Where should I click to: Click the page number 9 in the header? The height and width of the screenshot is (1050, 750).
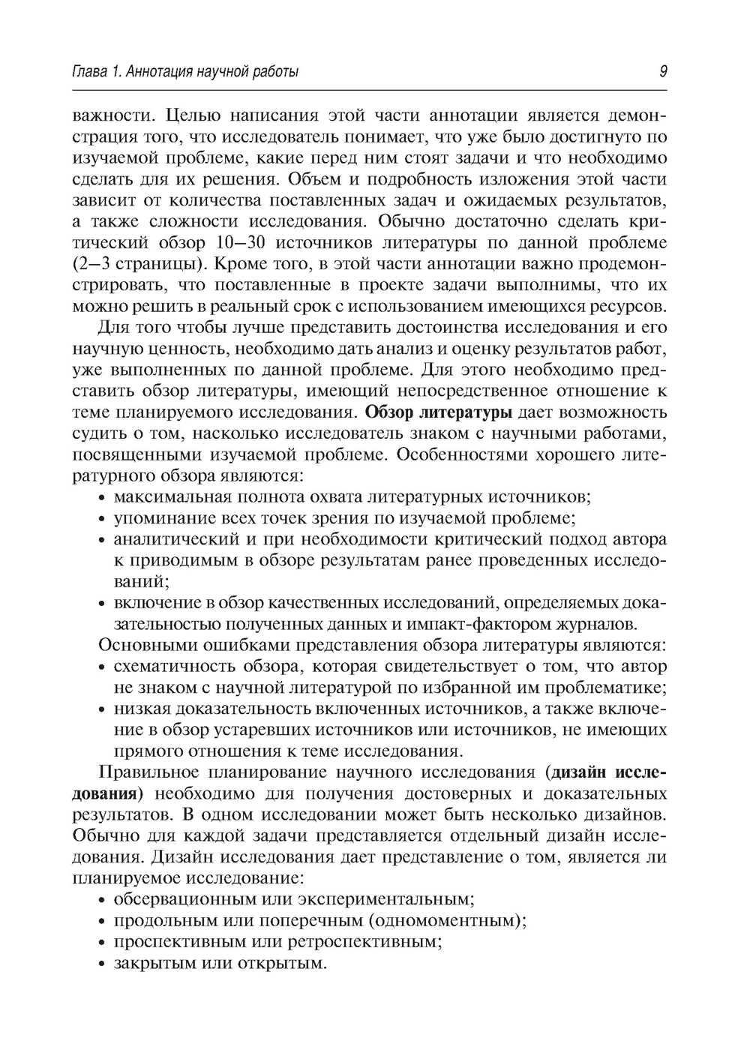pos(663,72)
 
